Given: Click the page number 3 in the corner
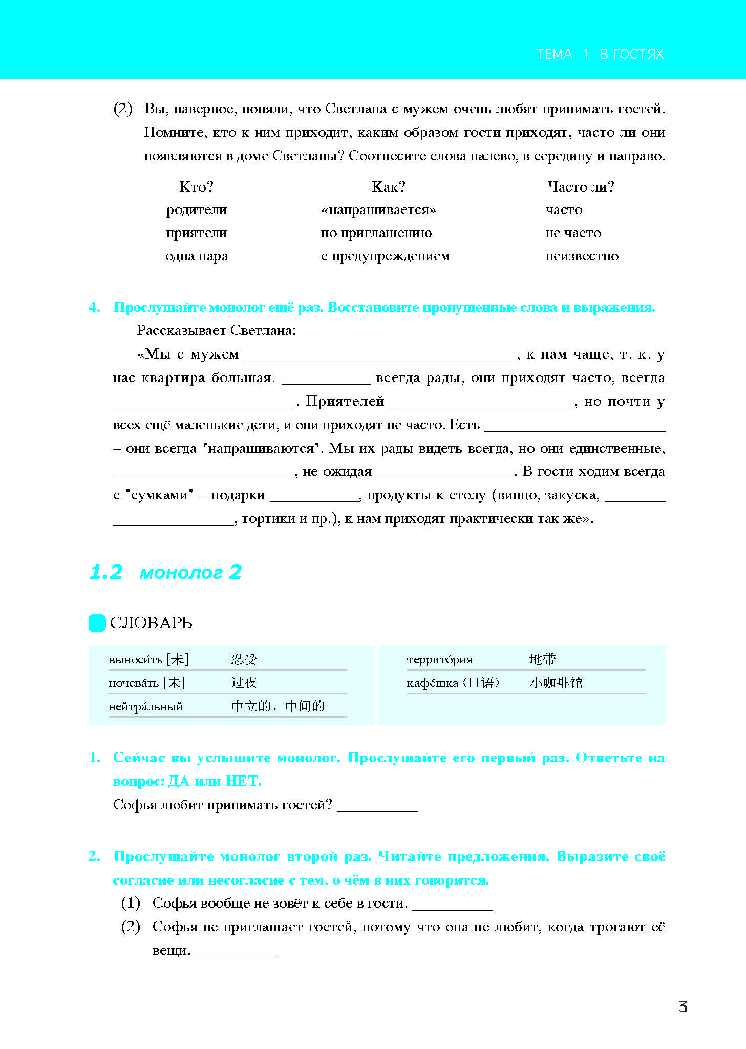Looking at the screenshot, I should (x=683, y=1007).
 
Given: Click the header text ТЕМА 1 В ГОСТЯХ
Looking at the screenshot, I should (x=599, y=54).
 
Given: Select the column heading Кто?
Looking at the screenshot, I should (x=196, y=187).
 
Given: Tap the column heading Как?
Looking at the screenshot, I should (x=388, y=187).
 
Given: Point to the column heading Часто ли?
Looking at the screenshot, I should (x=580, y=187).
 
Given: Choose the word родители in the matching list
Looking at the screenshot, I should (x=196, y=210).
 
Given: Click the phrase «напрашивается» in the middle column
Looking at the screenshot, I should (x=378, y=210).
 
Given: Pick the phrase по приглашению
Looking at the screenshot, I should (x=376, y=233).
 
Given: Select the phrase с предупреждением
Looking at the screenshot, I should (x=385, y=256).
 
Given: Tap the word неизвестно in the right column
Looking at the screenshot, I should (x=582, y=256).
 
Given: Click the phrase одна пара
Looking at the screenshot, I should (x=196, y=256).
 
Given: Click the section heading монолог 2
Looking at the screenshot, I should (x=190, y=572).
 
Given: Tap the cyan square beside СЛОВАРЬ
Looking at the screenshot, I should (x=97, y=623).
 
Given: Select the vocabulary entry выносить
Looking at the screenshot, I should (x=135, y=660).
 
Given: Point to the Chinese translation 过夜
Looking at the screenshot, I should (x=244, y=683).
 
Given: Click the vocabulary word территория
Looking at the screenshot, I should (x=439, y=660).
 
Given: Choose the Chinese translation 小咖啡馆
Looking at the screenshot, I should (x=556, y=683).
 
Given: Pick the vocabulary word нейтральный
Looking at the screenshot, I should (x=145, y=707).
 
